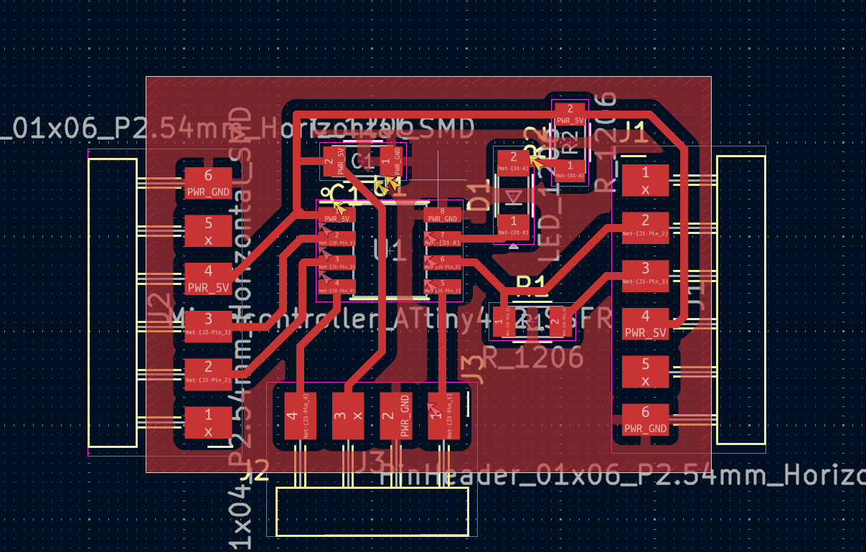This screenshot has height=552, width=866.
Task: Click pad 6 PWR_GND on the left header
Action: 208,183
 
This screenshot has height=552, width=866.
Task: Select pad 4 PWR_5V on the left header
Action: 208,279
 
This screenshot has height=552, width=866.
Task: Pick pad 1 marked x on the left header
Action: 208,423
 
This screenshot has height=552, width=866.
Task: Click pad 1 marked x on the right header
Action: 645,180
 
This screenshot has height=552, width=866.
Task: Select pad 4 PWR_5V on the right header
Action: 645,324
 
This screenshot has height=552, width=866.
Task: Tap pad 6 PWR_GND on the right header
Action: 645,420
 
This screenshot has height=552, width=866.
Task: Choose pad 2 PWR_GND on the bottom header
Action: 395,416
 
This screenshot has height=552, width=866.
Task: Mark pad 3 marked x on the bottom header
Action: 348,416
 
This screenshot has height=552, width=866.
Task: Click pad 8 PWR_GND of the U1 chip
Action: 443,215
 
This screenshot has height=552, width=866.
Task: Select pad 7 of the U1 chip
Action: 443,238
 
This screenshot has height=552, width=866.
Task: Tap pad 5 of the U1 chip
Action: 443,286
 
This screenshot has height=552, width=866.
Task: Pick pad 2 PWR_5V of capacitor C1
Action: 334,162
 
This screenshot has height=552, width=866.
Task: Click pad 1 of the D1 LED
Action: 514,225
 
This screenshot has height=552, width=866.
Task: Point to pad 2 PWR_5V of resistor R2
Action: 570,113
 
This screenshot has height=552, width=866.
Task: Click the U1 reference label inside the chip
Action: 390,251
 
